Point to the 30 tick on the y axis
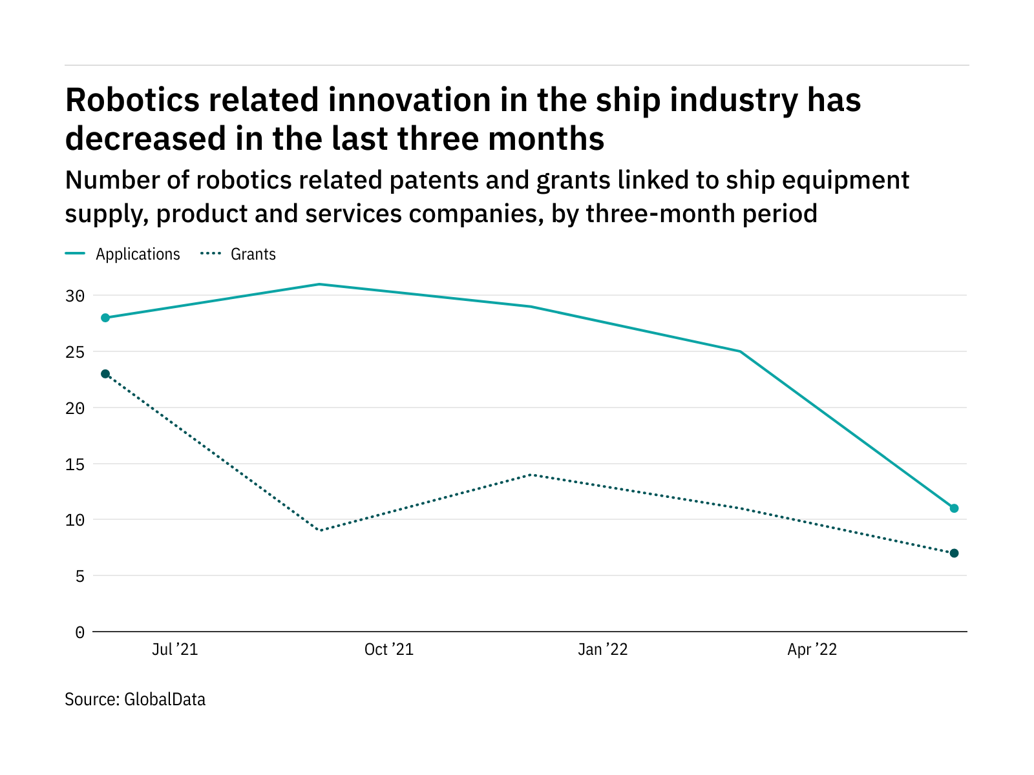point(75,296)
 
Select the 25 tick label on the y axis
point(75,352)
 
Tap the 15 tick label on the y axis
point(75,464)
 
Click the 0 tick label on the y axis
point(79,632)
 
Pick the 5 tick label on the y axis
point(79,575)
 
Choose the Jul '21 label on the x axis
point(174,650)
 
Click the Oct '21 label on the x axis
point(388,650)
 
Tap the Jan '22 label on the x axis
point(602,650)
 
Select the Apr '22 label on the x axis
point(812,650)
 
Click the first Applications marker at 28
point(105,318)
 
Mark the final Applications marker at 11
point(954,508)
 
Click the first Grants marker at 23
point(105,374)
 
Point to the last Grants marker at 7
point(954,553)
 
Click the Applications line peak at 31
point(319,284)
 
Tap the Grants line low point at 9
point(321,530)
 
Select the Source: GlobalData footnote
point(135,699)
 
